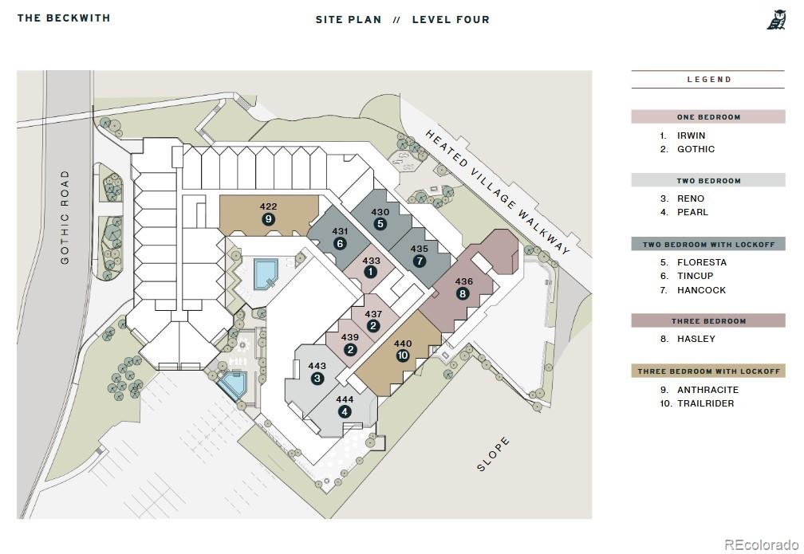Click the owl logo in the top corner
pos(776,20)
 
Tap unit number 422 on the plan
pos(268,206)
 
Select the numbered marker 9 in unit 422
pos(268,219)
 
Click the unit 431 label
pos(340,231)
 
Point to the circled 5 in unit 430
pos(380,223)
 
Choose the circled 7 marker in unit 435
pos(420,261)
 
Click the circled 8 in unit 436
pos(463,293)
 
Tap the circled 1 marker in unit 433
pos(370,272)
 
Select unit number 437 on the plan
pos(373,314)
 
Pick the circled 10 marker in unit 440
pos(403,356)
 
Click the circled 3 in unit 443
pos(317,378)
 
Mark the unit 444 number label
pos(345,399)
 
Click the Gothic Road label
pos(65,218)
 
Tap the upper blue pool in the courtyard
pos(266,273)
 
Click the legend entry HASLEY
pos(696,339)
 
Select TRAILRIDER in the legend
pos(706,403)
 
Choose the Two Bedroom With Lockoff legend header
pos(708,245)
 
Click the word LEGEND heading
pos(709,80)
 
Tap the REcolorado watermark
pos(762,544)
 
